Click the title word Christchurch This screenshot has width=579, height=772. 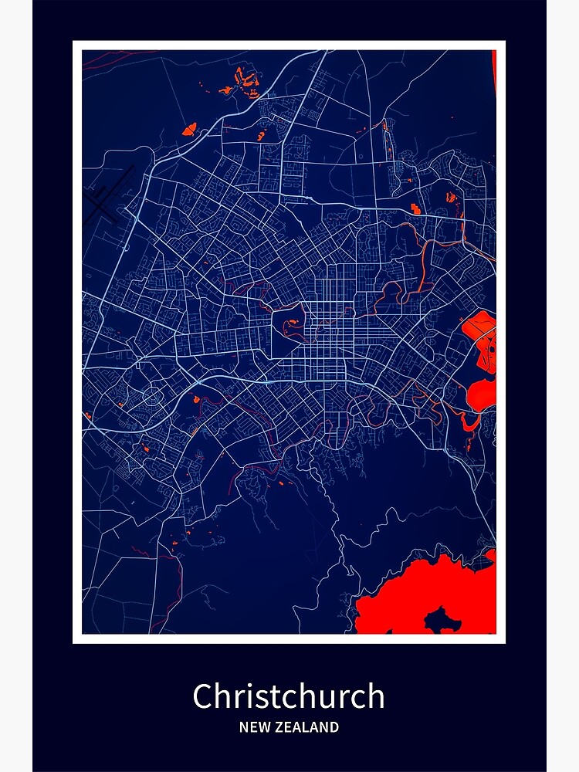[x=289, y=696]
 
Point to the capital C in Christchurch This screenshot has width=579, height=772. [x=202, y=696]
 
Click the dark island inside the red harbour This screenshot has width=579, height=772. [x=442, y=618]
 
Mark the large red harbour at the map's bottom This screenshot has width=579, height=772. [x=417, y=594]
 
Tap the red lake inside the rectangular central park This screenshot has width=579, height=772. [x=293, y=329]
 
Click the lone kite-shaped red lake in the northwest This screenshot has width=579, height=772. [x=190, y=129]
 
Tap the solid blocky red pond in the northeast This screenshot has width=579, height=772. [x=416, y=208]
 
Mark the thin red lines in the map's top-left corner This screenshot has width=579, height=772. [x=108, y=57]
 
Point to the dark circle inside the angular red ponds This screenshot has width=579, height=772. [x=488, y=344]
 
